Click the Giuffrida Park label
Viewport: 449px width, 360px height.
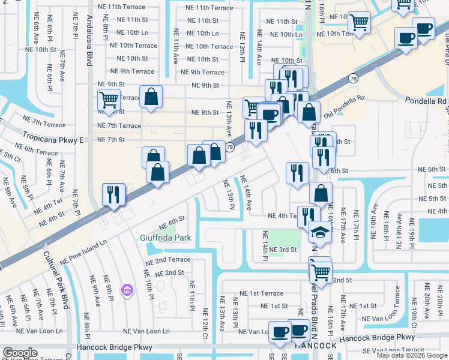[166, 238]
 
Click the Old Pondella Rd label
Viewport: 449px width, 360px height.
[344, 106]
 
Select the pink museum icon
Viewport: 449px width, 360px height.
[126, 291]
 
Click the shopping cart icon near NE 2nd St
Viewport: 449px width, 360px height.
[321, 271]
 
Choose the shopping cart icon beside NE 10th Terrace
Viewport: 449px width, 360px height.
[359, 23]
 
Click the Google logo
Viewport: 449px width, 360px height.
[20, 352]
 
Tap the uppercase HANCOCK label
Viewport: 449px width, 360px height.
[315, 346]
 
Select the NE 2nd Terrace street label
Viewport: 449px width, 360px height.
[167, 260]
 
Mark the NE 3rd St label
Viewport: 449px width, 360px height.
[283, 250]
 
